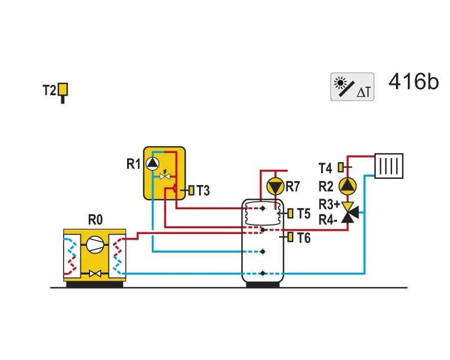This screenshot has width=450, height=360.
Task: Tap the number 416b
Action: point(413,82)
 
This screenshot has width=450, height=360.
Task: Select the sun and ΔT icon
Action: point(352,87)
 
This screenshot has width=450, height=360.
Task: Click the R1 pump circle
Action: point(152,164)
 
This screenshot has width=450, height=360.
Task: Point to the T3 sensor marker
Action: point(191,190)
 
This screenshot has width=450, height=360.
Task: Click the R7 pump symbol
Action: point(275,187)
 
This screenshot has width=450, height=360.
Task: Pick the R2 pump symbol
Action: point(348,186)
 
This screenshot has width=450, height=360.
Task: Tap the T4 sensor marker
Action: point(341,167)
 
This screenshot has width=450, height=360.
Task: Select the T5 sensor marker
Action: point(290,213)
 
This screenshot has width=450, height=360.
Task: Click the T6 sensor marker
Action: point(290,237)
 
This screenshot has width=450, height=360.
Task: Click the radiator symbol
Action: point(389,166)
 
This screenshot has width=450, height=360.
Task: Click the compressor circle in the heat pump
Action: point(94,245)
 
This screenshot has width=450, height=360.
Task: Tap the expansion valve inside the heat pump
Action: point(94,273)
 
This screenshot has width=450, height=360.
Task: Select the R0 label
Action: point(95,220)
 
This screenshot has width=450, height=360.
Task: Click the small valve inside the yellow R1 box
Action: point(165,175)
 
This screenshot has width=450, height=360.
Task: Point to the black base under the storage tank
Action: point(263,285)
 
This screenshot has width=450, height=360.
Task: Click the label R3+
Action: point(330,205)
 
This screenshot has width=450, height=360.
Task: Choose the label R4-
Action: point(328,220)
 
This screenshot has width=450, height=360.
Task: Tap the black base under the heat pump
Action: point(94,285)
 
